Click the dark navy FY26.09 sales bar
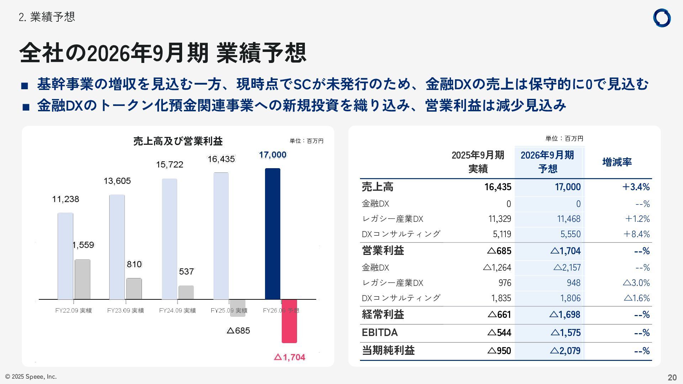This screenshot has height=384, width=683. (272, 234)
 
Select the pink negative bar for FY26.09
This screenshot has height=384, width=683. (289, 321)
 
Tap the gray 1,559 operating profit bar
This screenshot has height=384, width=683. (82, 279)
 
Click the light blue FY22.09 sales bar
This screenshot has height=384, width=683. (65, 256)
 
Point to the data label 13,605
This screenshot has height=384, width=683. (117, 181)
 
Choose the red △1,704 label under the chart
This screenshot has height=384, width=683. (290, 357)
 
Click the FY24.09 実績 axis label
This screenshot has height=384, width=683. (177, 310)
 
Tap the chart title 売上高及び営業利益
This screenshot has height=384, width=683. (178, 141)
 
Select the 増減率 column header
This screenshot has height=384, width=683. (617, 162)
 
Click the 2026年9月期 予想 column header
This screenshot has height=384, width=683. (547, 162)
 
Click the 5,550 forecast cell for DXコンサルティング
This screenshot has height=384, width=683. (570, 234)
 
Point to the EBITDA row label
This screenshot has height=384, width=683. (380, 332)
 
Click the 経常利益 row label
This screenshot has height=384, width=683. (383, 314)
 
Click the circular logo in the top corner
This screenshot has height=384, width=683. (662, 18)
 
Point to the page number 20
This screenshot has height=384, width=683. (672, 377)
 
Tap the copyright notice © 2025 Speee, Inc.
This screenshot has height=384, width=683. (31, 377)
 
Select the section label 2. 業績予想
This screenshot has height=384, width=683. (47, 17)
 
